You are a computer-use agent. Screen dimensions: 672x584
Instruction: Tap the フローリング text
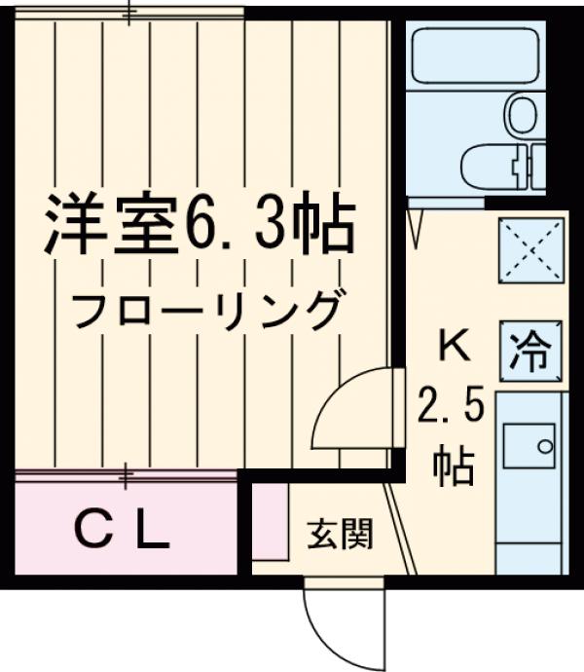(206, 311)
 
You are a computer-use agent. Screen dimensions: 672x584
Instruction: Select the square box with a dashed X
(531, 250)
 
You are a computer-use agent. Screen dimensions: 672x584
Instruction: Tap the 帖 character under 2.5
(454, 465)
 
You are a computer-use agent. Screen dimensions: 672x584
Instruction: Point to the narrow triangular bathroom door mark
(417, 224)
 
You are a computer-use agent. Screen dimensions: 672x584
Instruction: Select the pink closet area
(122, 532)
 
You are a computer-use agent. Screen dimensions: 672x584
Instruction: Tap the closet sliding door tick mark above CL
(127, 476)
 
